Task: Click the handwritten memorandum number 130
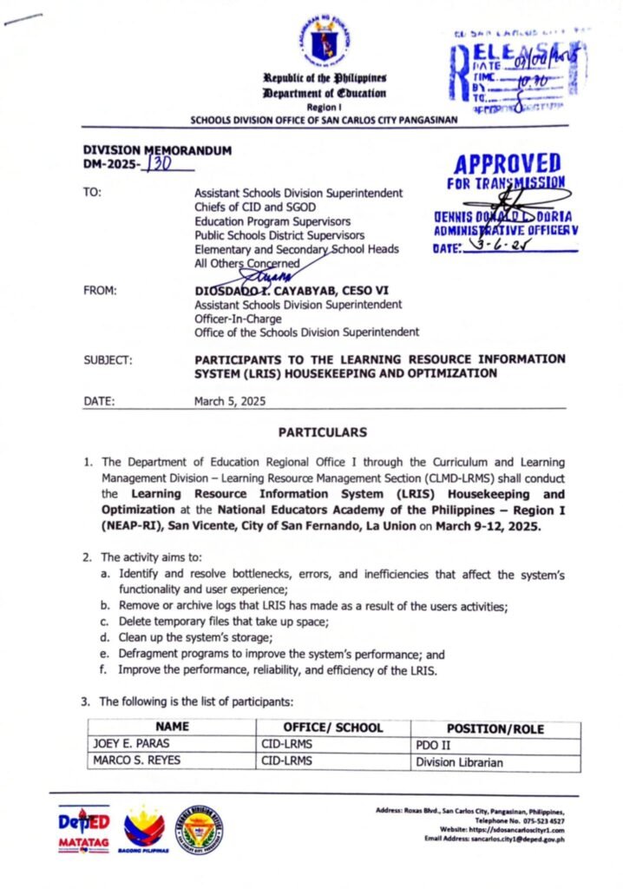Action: tap(158, 163)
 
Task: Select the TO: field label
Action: tap(91, 192)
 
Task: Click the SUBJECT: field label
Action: tap(108, 359)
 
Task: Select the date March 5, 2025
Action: tap(231, 401)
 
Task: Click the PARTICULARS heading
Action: tap(323, 431)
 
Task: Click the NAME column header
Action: tap(172, 727)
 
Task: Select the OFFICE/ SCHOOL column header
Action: tap(332, 727)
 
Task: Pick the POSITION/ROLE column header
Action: tap(495, 728)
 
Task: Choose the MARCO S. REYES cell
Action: tap(133, 761)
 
